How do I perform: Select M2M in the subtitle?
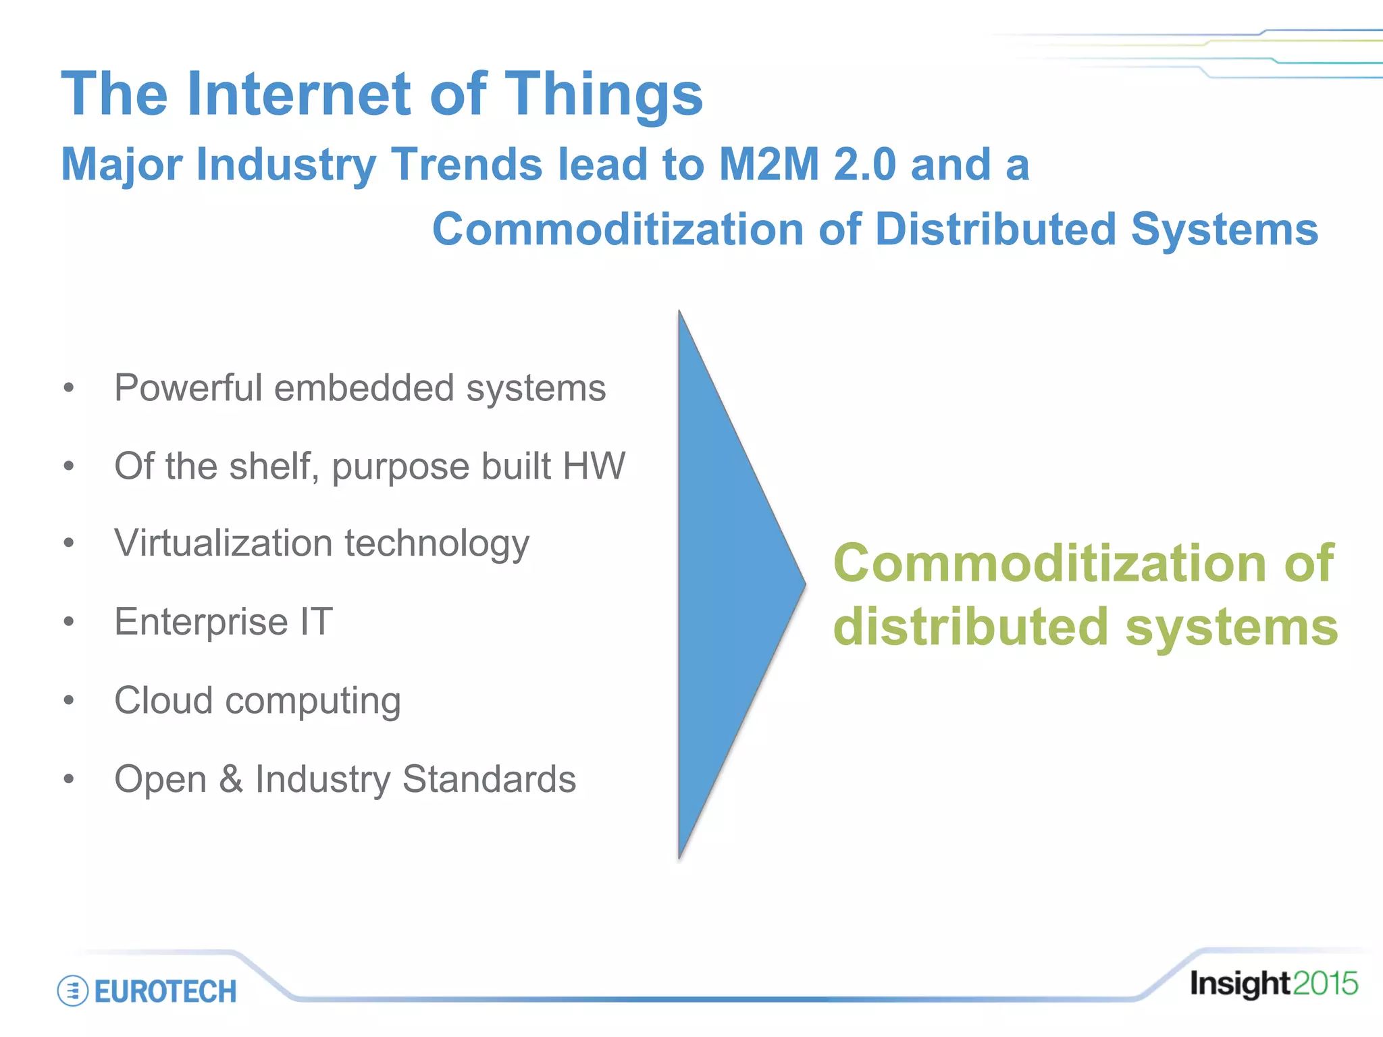[x=769, y=164]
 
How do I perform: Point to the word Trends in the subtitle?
[x=467, y=164]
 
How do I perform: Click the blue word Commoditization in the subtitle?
[x=618, y=229]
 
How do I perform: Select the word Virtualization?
[x=223, y=543]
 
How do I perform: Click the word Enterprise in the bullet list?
[x=201, y=622]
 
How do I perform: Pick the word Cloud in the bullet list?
[x=163, y=700]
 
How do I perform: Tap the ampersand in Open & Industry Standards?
[x=231, y=778]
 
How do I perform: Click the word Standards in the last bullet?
[x=489, y=778]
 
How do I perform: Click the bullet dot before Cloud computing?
[x=68, y=700]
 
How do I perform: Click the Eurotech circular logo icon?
[x=72, y=990]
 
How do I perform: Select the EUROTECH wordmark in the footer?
[x=165, y=991]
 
